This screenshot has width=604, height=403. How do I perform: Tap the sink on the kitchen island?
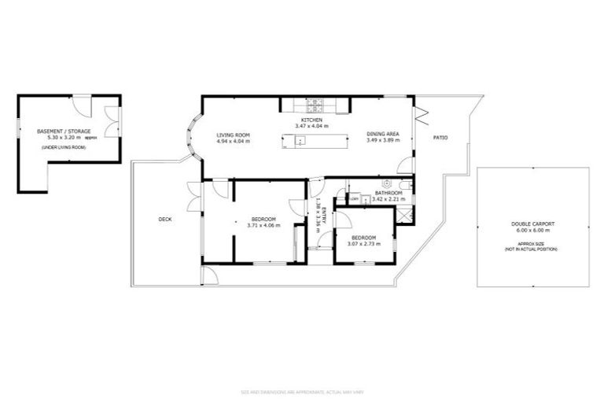[300, 142]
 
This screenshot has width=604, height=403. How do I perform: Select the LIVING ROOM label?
[233, 135]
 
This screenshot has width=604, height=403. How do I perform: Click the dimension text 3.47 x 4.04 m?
[311, 126]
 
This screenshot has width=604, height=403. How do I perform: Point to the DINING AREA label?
[383, 135]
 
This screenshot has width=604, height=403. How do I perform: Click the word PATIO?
[440, 139]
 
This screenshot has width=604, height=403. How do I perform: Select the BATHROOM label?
[389, 193]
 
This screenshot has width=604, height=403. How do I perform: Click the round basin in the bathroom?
[386, 183]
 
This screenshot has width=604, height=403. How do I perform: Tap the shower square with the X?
[403, 212]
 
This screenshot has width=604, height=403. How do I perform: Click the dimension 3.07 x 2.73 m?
[363, 244]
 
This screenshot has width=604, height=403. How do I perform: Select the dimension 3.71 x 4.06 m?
[263, 225]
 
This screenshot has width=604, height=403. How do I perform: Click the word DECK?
[165, 220]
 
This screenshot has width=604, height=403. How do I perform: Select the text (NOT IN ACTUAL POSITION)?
[532, 249]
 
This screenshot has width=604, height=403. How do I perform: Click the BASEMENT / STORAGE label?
[64, 131]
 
